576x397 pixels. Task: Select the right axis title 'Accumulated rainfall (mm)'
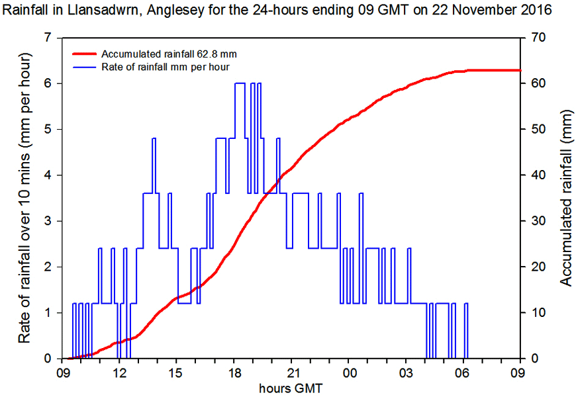(x=565, y=198)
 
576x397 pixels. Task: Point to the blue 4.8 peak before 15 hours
(x=154, y=138)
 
